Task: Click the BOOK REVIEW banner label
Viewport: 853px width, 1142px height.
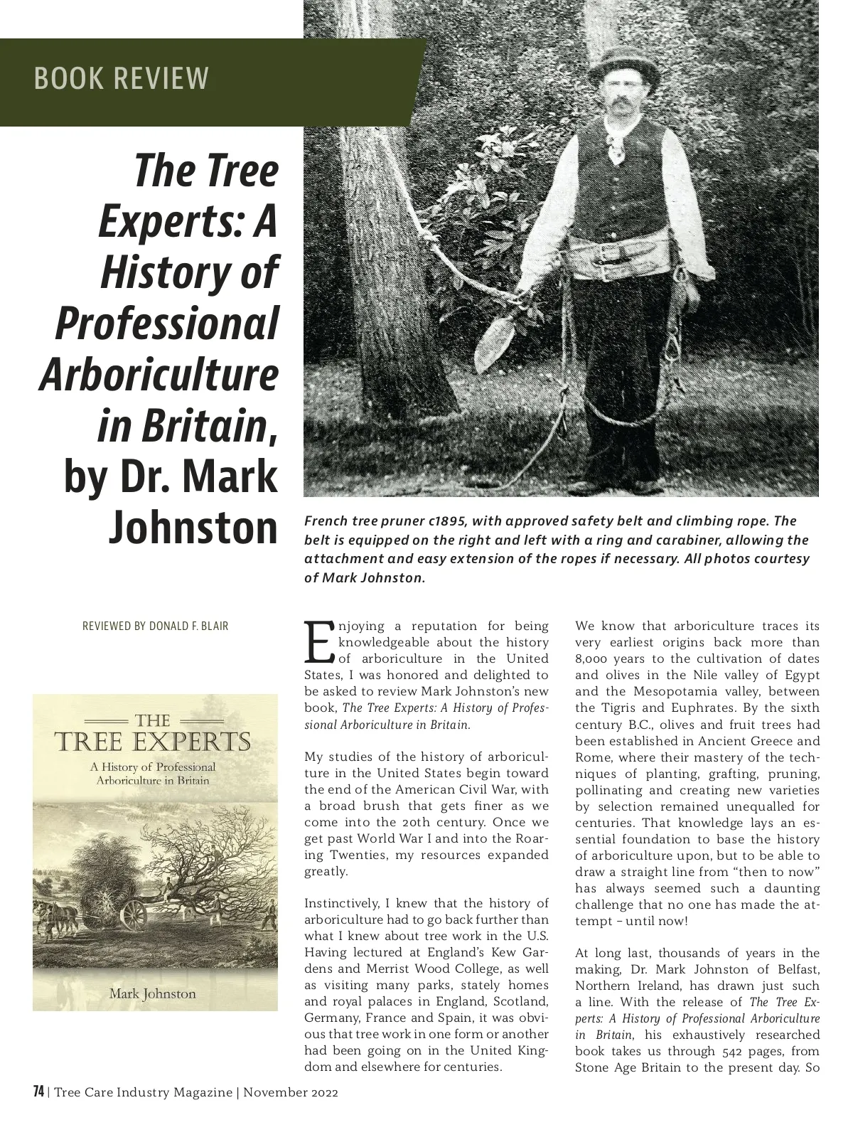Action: (122, 78)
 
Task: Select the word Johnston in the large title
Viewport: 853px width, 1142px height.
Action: (193, 527)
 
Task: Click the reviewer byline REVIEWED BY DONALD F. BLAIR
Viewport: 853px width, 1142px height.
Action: (156, 626)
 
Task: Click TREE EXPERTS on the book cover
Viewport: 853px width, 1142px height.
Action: (153, 742)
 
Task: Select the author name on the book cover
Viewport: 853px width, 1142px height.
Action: (152, 993)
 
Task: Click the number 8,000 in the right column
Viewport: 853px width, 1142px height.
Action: (591, 659)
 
